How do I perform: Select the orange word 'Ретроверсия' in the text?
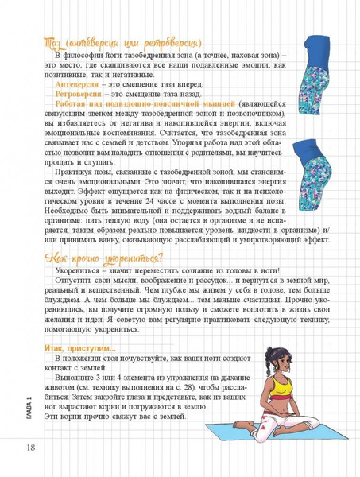78,93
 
